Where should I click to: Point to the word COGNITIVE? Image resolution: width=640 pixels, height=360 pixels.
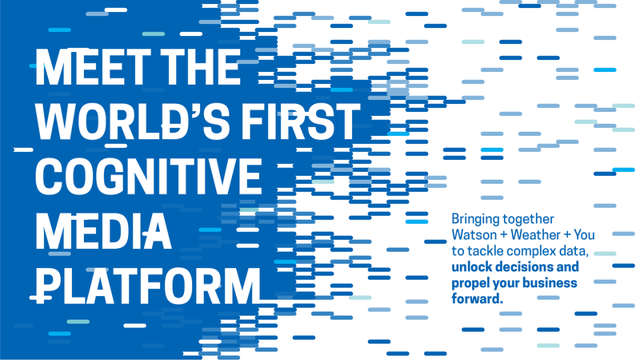149,176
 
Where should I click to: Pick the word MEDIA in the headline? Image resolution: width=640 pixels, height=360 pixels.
103,231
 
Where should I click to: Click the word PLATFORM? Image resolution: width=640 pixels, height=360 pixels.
148,286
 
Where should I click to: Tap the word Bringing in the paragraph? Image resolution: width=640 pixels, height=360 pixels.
473,220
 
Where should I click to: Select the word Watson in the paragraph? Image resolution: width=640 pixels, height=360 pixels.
472,234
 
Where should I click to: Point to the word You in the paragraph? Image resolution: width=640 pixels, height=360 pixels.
585,234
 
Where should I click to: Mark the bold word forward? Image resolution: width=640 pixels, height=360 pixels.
477,298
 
